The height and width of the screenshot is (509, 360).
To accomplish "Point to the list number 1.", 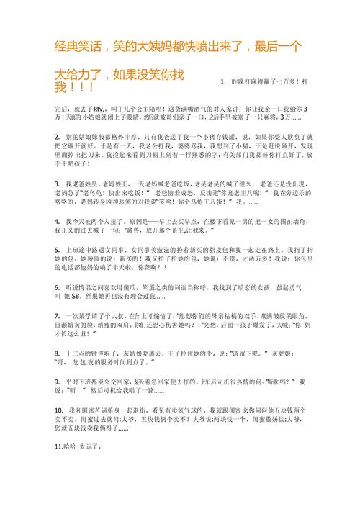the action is point(223,82).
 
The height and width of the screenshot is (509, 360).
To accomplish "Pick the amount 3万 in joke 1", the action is point(287,117).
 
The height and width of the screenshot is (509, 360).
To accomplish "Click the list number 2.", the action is point(57,136).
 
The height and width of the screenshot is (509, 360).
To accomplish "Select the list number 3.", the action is point(57,184).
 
